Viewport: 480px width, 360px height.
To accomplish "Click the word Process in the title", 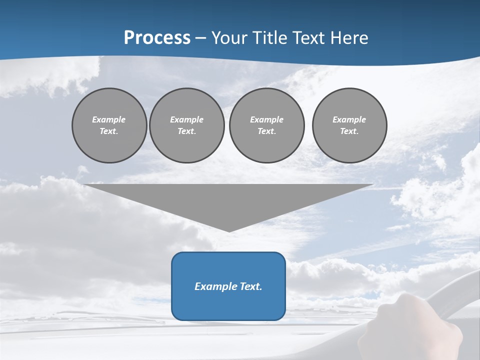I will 157,38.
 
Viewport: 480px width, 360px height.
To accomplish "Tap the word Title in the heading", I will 269,38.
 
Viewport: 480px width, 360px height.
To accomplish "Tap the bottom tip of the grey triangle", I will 229,231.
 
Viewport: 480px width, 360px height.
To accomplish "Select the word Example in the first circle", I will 109,119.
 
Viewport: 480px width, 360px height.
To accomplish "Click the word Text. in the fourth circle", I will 349,131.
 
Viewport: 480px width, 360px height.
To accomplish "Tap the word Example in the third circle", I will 266,119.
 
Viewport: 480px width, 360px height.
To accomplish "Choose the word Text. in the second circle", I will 187,131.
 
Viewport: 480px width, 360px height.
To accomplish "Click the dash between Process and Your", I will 201,38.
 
